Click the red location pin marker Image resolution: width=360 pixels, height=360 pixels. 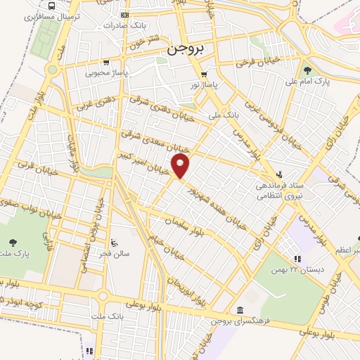[181, 166]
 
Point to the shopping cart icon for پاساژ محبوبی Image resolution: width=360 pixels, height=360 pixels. [105, 62]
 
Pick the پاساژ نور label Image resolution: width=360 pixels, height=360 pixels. [205, 84]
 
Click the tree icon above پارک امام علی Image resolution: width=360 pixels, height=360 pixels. [307, 70]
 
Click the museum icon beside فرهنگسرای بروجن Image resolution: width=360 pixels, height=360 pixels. [240, 310]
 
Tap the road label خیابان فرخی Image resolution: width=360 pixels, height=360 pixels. [239, 64]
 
